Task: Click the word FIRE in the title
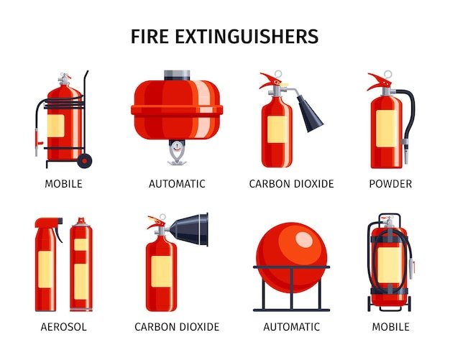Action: click(x=152, y=37)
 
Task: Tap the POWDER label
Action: click(x=390, y=184)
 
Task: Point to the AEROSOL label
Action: click(x=64, y=327)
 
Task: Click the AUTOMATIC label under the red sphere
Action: click(x=291, y=327)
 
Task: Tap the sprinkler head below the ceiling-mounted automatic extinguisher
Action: click(x=176, y=152)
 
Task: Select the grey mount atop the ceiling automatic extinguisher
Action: click(x=177, y=75)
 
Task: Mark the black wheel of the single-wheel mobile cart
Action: click(x=84, y=160)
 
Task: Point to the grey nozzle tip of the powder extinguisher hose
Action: click(x=407, y=152)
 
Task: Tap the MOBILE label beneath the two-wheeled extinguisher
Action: click(x=390, y=327)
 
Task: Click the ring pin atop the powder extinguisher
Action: click(x=387, y=75)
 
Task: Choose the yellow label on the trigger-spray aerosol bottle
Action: click(x=45, y=268)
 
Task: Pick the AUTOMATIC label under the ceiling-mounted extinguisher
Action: click(x=177, y=184)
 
